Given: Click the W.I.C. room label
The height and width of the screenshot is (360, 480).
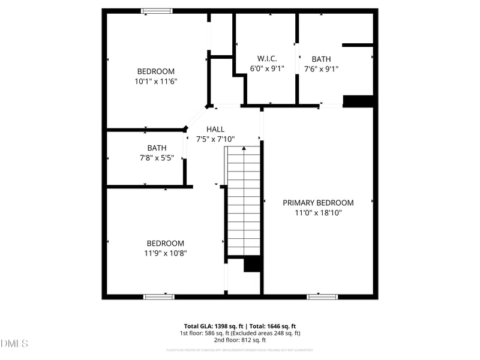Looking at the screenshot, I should point(267,58).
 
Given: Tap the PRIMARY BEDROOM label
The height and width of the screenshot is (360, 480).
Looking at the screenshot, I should point(318,203).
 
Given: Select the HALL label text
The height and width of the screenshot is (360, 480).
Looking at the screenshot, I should point(215,129).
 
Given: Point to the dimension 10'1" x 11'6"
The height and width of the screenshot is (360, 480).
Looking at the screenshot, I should point(156,81).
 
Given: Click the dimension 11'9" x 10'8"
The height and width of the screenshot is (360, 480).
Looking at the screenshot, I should point(166,253).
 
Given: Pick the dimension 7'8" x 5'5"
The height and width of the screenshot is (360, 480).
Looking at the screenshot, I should point(157,158).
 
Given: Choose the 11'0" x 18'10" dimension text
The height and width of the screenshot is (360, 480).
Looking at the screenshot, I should point(318,212).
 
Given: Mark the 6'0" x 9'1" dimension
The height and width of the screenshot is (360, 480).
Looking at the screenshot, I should point(267,68).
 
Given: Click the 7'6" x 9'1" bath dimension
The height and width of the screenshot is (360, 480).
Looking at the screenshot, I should point(321,68).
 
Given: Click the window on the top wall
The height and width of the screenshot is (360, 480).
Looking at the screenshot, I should point(157,11).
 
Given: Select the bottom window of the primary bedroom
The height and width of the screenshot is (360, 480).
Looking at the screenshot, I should point(322,296).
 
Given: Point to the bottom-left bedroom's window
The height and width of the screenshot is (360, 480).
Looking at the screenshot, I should point(158,296).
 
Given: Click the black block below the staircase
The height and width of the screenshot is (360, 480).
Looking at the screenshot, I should point(253,264).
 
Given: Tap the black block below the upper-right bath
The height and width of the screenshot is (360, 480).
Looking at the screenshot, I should point(358,101).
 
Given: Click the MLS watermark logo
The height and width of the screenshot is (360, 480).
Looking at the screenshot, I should point(14,344).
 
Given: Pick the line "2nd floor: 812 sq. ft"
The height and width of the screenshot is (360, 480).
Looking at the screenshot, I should point(240,340).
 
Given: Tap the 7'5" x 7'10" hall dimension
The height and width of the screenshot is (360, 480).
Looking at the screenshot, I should point(215,139).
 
